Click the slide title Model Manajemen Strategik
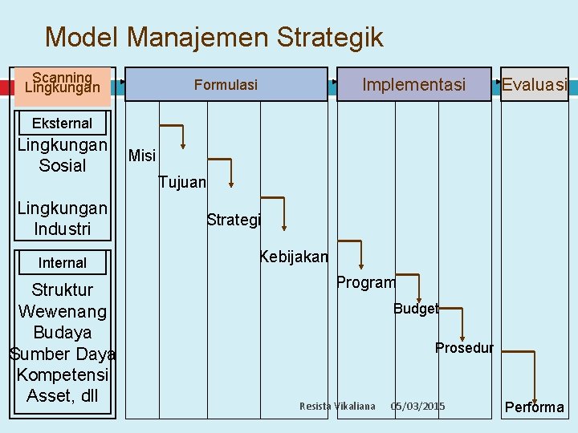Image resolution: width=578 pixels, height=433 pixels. pos(214,37)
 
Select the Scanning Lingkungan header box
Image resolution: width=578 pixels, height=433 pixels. pos(63,83)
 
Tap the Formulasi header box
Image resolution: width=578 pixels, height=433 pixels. pos(226,84)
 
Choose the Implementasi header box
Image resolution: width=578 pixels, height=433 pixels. pos(413,84)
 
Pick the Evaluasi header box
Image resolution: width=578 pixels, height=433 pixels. pos(534,84)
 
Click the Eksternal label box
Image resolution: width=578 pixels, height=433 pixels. pos(63,123)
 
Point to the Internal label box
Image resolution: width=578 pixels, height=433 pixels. pos(63,262)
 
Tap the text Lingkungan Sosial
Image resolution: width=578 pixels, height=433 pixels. pos(63,156)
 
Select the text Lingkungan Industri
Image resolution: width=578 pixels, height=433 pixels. pos(63,219)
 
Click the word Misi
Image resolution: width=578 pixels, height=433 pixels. pos(142,156)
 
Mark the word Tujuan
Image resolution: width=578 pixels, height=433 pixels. pos(182,183)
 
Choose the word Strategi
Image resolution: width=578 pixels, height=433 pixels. pos(234,220)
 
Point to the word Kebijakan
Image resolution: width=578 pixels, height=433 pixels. pos(294,257)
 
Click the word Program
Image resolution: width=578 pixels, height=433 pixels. pos(366,282)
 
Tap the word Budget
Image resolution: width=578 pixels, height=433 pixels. pos(416,309)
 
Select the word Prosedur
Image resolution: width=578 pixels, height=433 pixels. pos(464,348)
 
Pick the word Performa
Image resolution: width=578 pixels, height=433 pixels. pos(534,407)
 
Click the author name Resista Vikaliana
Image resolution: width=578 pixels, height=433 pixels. pos(337,407)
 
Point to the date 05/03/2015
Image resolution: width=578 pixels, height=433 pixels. pos(417,407)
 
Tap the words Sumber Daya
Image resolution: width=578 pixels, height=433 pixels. pos(63,354)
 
